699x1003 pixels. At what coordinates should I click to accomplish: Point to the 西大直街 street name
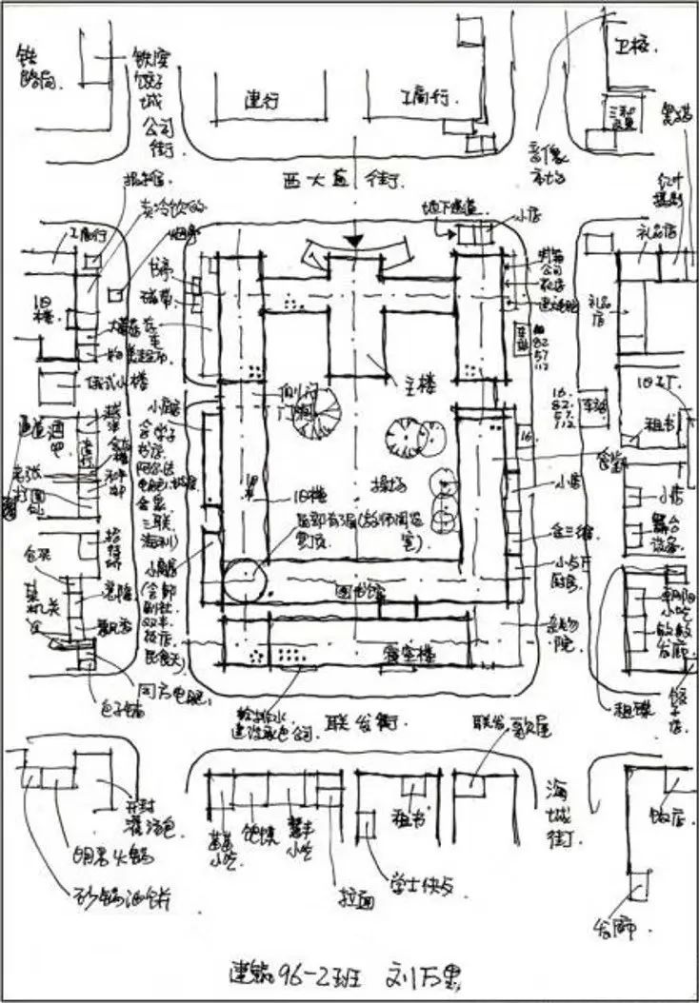[x=349, y=178]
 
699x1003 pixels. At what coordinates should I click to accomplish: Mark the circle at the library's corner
[x=244, y=578]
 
